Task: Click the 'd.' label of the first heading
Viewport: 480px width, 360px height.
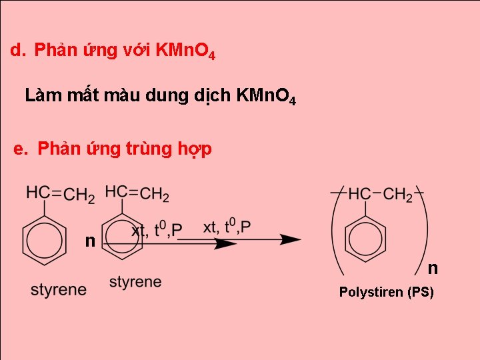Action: [18, 50]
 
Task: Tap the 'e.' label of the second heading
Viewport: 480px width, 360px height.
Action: [23, 148]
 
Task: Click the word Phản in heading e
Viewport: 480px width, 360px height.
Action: [59, 148]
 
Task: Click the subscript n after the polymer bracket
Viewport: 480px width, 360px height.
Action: [433, 268]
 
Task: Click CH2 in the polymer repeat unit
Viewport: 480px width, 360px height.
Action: [398, 195]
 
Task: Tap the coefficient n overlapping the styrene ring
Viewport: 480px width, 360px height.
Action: [89, 240]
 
